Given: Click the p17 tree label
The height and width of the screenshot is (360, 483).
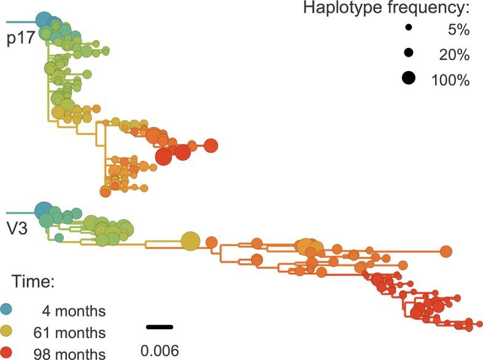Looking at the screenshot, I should pos(19,41).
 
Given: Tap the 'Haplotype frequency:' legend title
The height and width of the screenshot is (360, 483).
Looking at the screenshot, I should pos(386,9).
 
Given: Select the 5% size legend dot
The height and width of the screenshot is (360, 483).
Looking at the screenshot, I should pos(408,28).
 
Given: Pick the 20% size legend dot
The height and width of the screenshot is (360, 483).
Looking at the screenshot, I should pos(408,54).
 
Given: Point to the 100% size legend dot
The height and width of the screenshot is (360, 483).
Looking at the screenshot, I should pos(408,79).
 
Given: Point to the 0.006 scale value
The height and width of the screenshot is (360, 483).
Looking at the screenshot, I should pos(160,350).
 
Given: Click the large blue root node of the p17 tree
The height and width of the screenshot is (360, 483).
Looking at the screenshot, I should pos(44,20).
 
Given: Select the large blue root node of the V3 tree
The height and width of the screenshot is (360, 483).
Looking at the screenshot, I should pos(44,211).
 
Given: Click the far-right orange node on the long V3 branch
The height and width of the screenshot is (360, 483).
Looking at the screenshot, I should pos(446,251).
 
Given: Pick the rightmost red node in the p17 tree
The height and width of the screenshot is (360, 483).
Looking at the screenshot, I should pos(211,145).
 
